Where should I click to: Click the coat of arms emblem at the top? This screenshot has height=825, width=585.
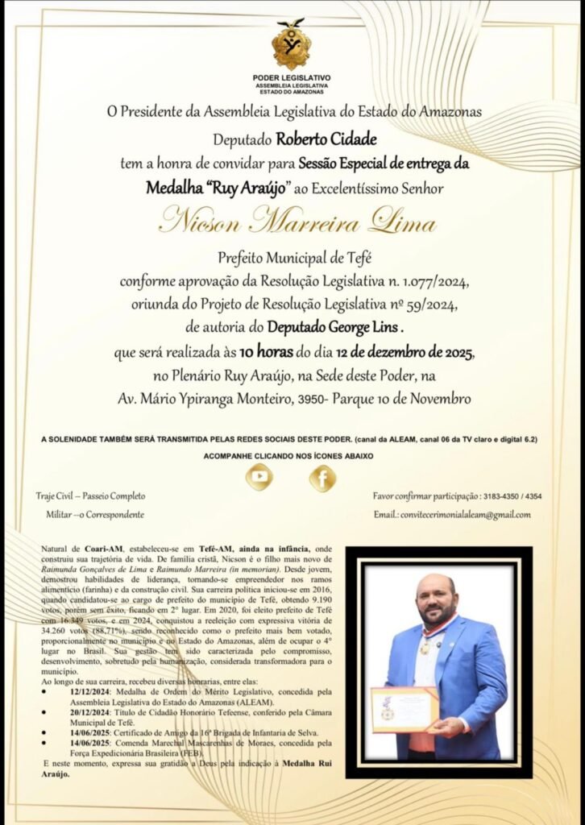291,44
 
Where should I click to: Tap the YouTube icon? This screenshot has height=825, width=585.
259,478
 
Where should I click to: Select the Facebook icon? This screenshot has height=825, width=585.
322,479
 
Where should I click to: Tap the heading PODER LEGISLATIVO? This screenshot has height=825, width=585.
291,77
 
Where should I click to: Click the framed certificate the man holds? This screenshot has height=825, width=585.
405,709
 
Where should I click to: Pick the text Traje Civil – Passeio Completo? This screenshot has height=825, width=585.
91,496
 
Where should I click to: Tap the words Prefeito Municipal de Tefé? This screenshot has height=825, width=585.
292,259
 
